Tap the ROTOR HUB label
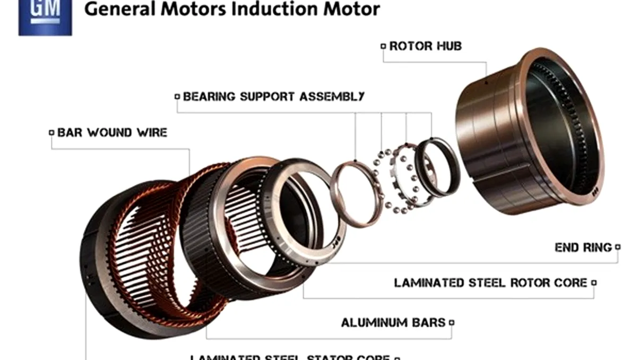(x=426, y=46)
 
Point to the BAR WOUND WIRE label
(x=112, y=132)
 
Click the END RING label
(x=583, y=247)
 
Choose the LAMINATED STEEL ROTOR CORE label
(x=491, y=282)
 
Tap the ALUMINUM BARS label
(x=393, y=322)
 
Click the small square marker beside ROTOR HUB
(x=383, y=47)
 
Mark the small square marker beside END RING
(x=617, y=247)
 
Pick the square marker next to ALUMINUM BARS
(x=452, y=322)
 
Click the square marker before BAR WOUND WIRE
(x=51, y=133)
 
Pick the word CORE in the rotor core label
(x=570, y=282)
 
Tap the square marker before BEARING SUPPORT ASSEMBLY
(x=177, y=97)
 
